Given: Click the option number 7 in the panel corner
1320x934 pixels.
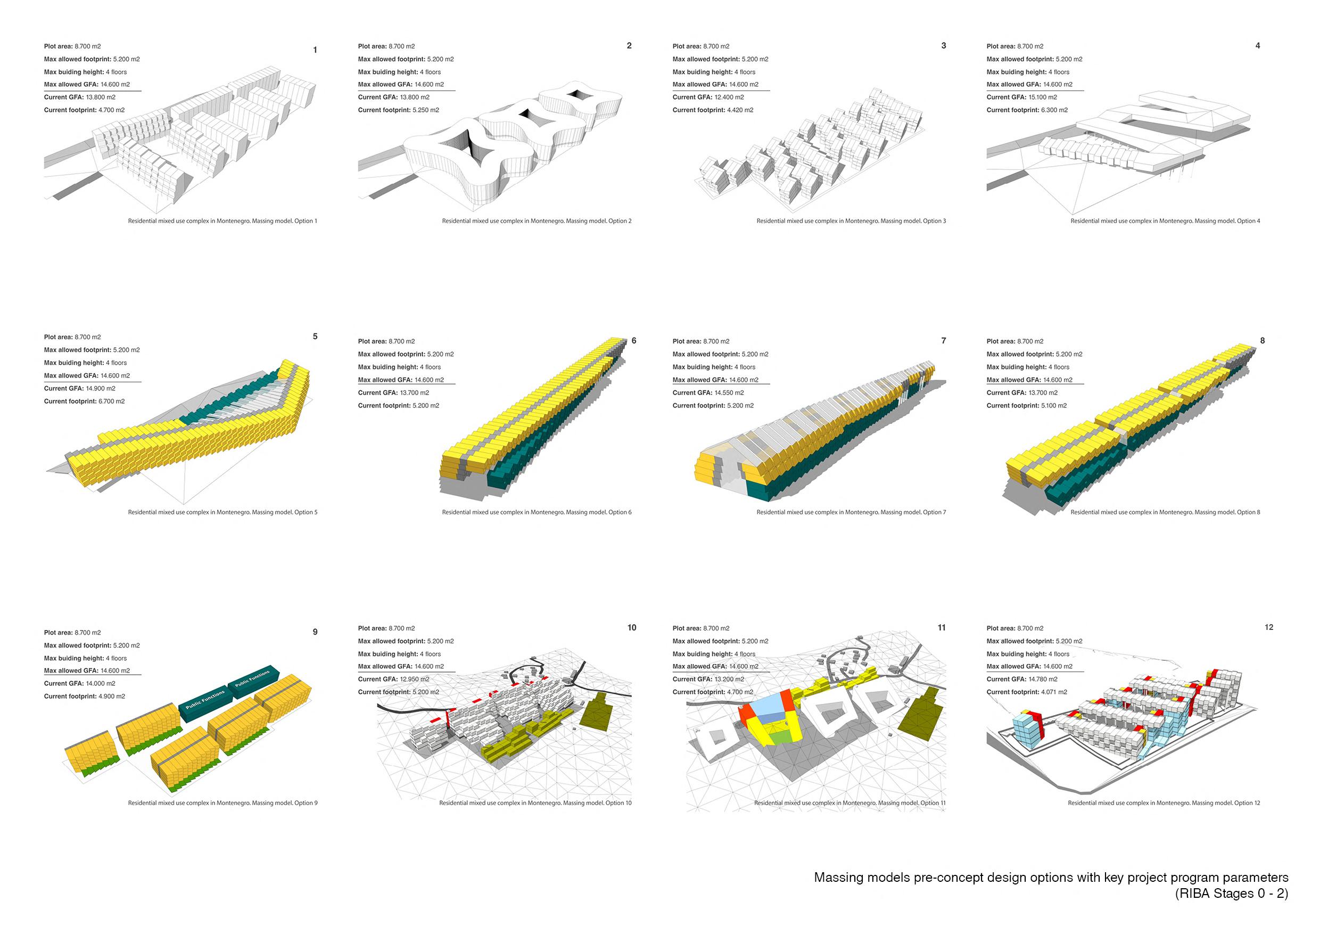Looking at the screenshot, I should coord(944,341).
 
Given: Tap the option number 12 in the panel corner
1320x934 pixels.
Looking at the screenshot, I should coord(1269,627).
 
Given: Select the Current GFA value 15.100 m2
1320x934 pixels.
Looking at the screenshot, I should coord(1043,97).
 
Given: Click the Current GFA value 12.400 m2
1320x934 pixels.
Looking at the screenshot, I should coord(729,97).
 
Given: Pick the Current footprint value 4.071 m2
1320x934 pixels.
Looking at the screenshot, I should coord(1054,692).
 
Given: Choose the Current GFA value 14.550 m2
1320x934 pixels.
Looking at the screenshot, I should coord(729,393).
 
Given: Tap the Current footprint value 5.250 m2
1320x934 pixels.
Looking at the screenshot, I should coord(425,110).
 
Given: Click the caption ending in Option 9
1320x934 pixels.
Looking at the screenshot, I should coord(222,803).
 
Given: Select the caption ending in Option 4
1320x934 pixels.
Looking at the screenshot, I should coord(1165,221).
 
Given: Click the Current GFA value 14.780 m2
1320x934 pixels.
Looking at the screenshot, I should coord(1043,679).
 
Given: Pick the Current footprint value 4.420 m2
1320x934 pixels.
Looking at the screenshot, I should coord(739,110).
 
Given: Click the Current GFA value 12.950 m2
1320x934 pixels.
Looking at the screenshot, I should coord(415,679).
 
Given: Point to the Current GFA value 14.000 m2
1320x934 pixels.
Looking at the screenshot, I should coord(101,683).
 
